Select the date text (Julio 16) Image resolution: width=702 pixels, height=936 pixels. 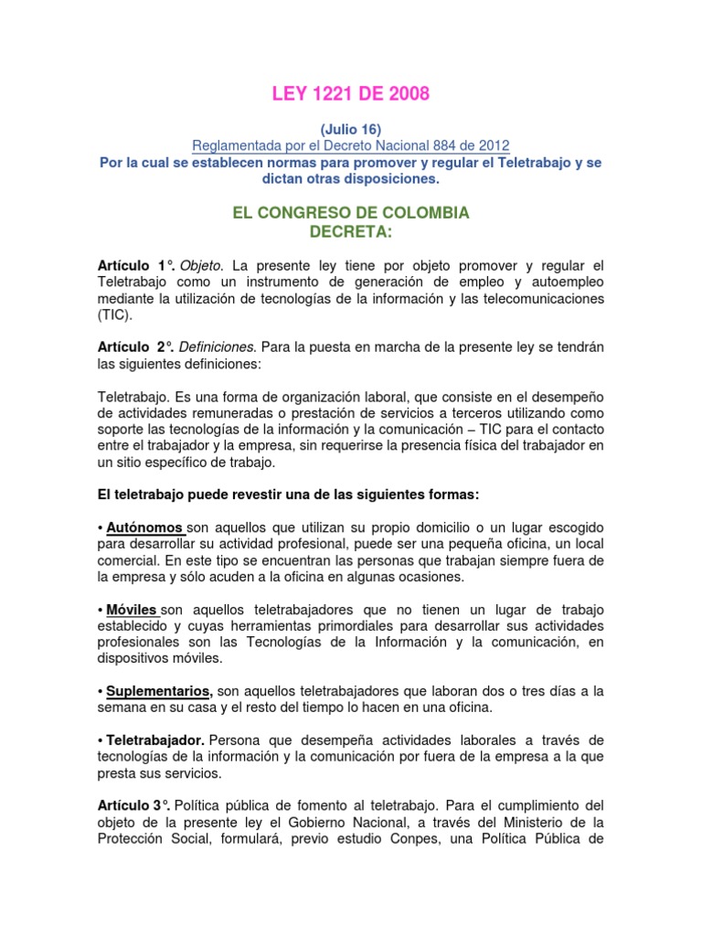click(351, 129)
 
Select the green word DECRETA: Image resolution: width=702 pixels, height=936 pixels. click(351, 231)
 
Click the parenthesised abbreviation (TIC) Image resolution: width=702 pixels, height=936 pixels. click(114, 314)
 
